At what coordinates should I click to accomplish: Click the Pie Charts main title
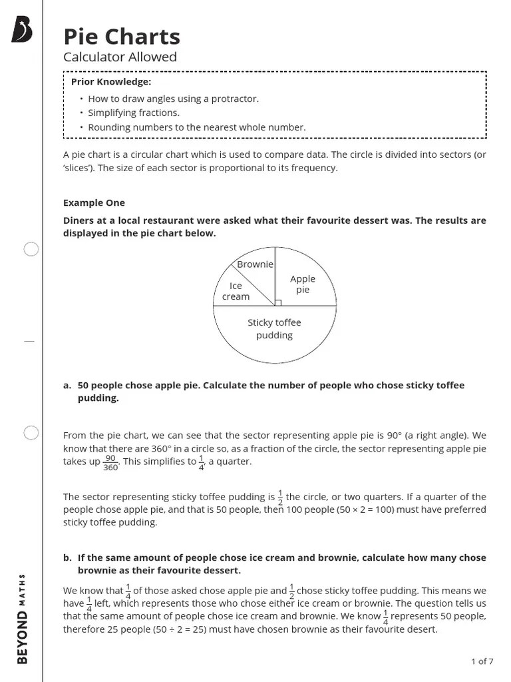click(122, 37)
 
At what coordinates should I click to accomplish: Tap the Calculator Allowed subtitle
click(120, 57)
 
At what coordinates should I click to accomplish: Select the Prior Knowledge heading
click(111, 82)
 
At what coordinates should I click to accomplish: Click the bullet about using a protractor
click(173, 99)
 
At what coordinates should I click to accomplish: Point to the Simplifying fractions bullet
click(134, 113)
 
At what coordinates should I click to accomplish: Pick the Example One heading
click(94, 202)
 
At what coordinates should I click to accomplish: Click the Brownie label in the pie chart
click(255, 264)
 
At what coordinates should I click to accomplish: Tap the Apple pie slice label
click(303, 284)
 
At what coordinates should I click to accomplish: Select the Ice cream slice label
click(236, 291)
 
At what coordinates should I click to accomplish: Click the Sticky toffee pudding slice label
click(274, 329)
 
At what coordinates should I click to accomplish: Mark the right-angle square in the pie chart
click(277, 302)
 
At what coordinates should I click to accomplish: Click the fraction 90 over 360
click(110, 462)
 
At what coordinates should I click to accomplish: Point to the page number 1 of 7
click(482, 661)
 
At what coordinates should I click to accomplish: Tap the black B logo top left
click(22, 31)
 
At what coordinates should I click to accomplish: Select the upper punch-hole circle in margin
click(31, 250)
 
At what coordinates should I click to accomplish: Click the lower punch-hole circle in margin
click(31, 434)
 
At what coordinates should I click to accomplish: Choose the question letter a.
click(67, 386)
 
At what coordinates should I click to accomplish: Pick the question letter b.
click(67, 557)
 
